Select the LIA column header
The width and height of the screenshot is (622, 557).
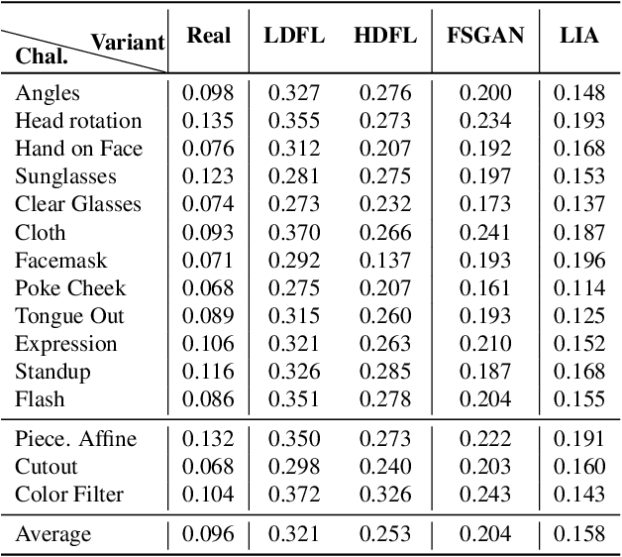click(x=578, y=36)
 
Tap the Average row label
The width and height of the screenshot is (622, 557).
click(x=52, y=535)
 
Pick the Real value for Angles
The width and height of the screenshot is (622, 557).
click(x=208, y=94)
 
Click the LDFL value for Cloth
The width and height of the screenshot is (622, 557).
click(x=295, y=233)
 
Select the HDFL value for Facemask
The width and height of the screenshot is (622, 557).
click(x=383, y=261)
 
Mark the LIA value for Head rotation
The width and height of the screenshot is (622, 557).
click(x=578, y=122)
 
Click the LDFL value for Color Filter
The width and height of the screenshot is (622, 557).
click(x=295, y=494)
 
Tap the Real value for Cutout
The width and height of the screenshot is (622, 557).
click(x=208, y=466)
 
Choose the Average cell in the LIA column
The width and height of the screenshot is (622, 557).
click(x=578, y=535)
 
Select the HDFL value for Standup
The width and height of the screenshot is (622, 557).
click(x=383, y=372)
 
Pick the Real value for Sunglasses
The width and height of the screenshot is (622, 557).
click(x=208, y=177)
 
